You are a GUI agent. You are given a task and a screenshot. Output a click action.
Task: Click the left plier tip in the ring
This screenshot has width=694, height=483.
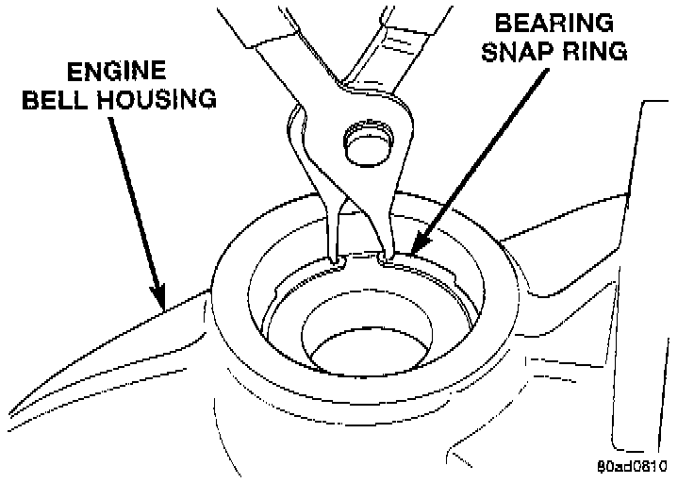pyautogui.click(x=336, y=256)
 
